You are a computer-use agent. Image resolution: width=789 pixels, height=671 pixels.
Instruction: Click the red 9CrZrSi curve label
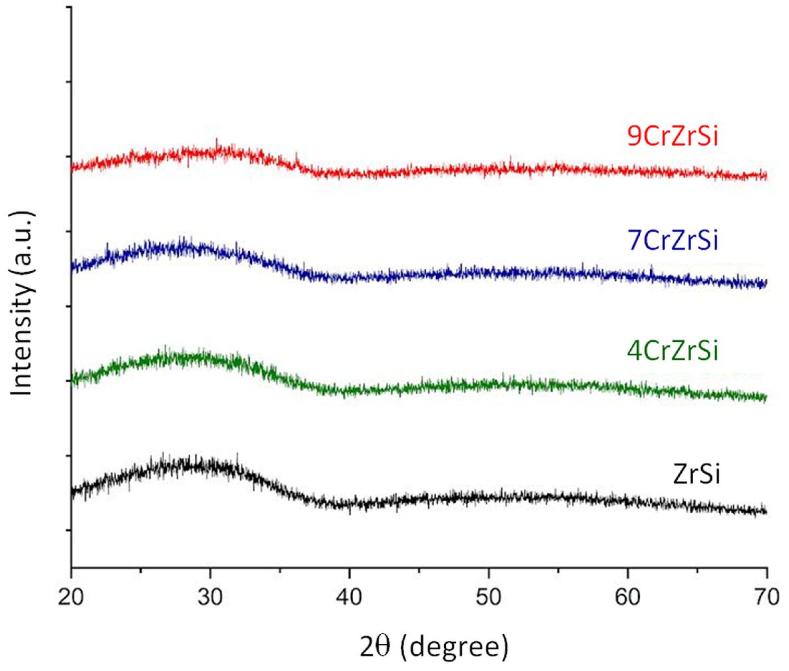click(x=672, y=137)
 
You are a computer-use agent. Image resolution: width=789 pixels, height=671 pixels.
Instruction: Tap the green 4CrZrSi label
click(x=672, y=351)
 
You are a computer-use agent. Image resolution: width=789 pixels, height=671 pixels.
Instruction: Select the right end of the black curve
click(x=765, y=512)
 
